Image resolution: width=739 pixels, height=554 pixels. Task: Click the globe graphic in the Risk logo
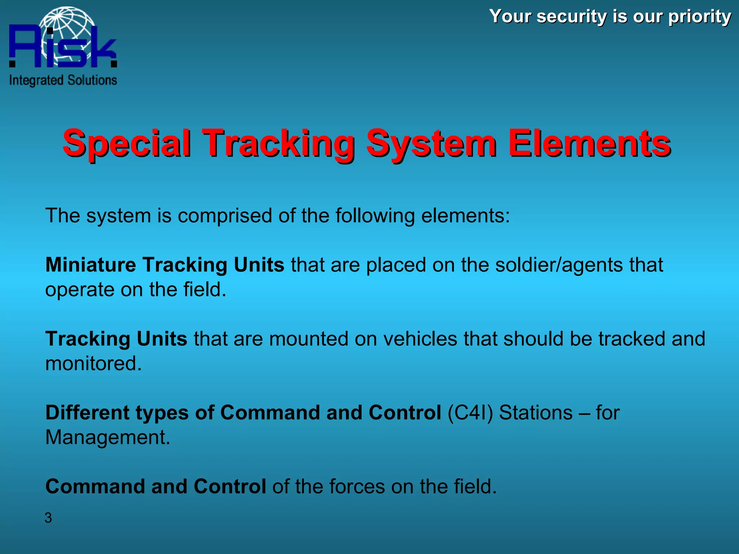(69, 25)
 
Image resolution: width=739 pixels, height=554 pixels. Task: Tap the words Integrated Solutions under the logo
(63, 80)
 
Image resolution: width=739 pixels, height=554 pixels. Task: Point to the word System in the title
(431, 144)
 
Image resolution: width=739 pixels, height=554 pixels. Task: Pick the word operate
(79, 290)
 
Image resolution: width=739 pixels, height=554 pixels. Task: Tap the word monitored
(93, 364)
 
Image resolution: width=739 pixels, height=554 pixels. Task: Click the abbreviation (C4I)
(470, 413)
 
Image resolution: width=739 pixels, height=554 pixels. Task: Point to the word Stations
(535, 413)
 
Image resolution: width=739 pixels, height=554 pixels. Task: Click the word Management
(107, 438)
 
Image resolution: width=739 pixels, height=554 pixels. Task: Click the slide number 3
(48, 518)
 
